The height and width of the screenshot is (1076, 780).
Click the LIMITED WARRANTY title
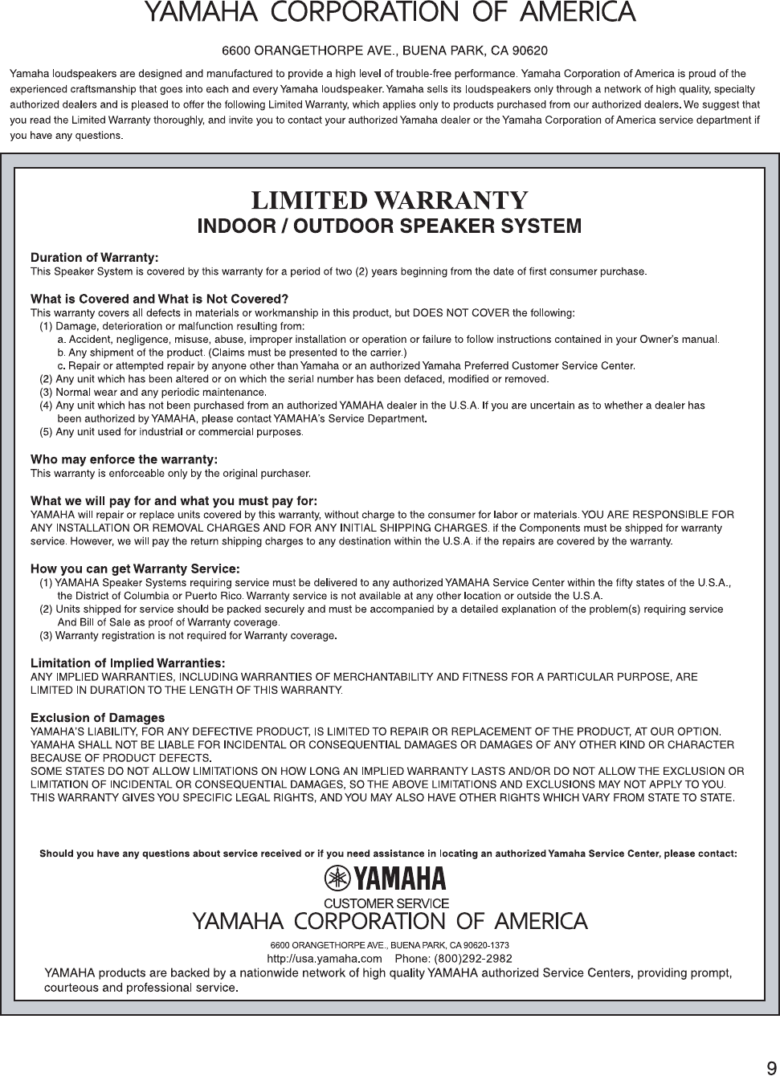click(x=390, y=200)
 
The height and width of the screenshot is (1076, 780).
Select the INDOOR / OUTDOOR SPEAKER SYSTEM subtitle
click(x=390, y=226)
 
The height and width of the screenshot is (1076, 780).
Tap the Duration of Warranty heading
click(x=94, y=258)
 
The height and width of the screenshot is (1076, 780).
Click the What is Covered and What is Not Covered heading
click(x=159, y=300)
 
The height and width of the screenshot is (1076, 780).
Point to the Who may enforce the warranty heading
click(x=124, y=459)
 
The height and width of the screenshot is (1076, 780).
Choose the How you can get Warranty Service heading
click(x=135, y=569)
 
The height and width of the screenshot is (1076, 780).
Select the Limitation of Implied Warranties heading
click(x=127, y=663)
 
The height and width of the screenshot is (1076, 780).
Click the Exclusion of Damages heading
click(x=97, y=717)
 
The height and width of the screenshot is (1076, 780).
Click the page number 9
click(x=770, y=1067)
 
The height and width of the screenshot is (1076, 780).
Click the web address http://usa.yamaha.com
click(x=324, y=958)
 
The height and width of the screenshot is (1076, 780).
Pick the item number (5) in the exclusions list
click(x=46, y=433)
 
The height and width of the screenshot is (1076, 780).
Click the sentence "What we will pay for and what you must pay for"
click(x=174, y=501)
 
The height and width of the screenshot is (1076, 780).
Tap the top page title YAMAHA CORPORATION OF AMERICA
click(x=390, y=13)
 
